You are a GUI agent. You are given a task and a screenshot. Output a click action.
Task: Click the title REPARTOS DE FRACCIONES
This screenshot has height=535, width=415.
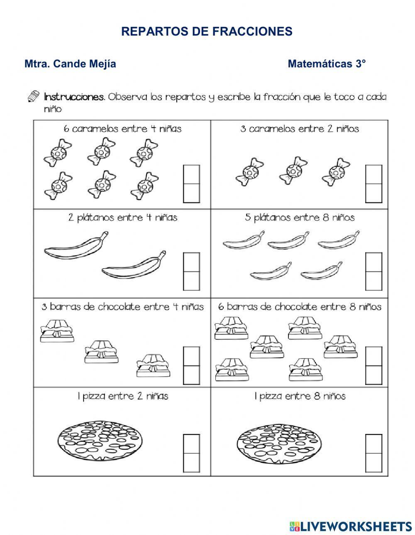pos(207,31)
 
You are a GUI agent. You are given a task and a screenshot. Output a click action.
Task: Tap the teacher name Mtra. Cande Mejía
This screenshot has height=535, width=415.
pos(70,64)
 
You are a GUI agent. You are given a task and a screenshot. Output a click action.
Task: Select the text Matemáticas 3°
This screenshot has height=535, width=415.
pos(327,64)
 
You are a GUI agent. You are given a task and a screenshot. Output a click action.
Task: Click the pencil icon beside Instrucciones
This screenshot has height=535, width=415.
pos(33,97)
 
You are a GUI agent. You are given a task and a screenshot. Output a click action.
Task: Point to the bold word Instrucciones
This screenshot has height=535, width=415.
pos(74,97)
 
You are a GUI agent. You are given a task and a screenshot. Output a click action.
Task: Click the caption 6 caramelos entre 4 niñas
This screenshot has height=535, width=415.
pos(122,129)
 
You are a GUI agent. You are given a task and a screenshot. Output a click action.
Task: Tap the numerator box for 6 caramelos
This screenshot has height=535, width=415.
pos(191,174)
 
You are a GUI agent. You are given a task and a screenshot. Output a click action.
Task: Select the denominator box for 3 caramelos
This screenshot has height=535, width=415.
pos(374,193)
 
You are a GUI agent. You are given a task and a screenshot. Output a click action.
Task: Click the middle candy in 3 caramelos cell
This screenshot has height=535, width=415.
pos(293,170)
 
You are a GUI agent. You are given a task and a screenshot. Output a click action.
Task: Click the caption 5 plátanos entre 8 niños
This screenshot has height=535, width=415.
pos(300,218)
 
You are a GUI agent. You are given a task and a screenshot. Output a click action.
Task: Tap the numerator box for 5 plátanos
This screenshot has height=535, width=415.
pos(374,262)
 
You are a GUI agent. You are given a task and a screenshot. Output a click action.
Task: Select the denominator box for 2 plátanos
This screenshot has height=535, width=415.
pos(191,281)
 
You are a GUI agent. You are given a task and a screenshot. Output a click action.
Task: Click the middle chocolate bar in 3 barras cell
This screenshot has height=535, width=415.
pos(101,351)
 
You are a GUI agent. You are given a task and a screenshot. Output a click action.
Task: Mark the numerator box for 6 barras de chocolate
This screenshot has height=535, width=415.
pos(374,356)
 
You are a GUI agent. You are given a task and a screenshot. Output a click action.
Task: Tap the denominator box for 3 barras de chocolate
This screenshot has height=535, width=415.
pos(191,375)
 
